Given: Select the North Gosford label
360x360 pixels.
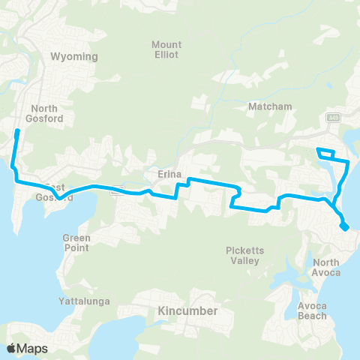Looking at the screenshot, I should pyautogui.click(x=46, y=112).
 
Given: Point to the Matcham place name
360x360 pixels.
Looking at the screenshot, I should pyautogui.click(x=269, y=107).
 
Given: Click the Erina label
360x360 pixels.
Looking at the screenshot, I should pyautogui.click(x=170, y=174).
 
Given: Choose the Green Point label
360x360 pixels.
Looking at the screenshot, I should pyautogui.click(x=76, y=243).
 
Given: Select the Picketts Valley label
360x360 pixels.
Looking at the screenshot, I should pyautogui.click(x=241, y=256).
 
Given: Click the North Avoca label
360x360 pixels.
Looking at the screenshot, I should pyautogui.click(x=326, y=267).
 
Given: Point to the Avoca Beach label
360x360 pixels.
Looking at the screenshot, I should pyautogui.click(x=310, y=310).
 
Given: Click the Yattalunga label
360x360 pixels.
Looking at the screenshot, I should pyautogui.click(x=84, y=301).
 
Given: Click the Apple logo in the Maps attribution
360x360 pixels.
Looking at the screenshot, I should pyautogui.click(x=11, y=348).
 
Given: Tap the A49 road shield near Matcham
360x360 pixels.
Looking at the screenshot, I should pyautogui.click(x=331, y=118).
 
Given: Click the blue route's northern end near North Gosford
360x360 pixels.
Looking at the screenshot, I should pyautogui.click(x=17, y=132).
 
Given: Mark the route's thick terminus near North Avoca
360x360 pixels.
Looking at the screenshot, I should pyautogui.click(x=343, y=226).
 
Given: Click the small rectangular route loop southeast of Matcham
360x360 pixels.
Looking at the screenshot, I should pyautogui.click(x=326, y=154).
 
